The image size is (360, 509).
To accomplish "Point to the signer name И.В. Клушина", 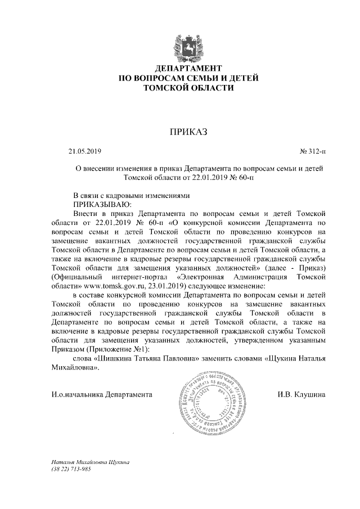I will [301, 395].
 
